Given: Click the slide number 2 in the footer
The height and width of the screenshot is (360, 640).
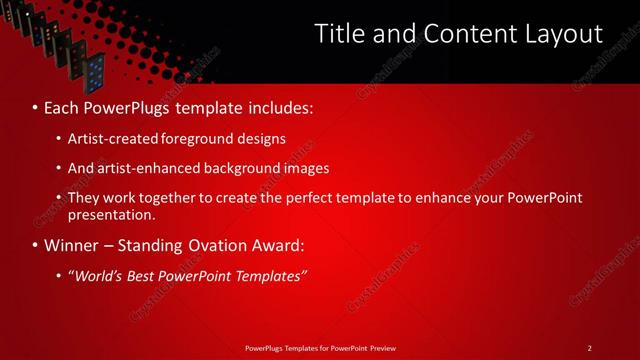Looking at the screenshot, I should coord(589,348).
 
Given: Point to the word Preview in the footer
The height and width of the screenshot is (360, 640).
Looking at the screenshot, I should coord(382,348).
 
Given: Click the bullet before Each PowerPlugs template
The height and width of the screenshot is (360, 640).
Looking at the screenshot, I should coord(36,106).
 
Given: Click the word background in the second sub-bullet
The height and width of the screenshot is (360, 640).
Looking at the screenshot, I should coord(240,168).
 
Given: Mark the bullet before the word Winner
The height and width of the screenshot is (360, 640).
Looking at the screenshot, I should coord(36,245).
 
